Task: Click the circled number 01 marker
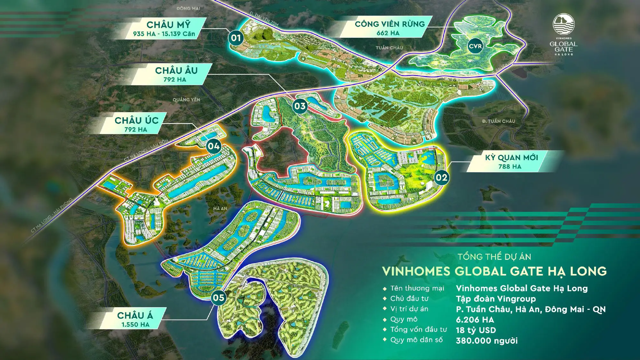coord(236,38)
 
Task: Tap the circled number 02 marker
coord(441,178)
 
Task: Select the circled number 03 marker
coord(300,106)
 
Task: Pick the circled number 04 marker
coord(213,147)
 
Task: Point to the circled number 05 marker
coord(219,298)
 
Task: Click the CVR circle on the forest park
coord(475,46)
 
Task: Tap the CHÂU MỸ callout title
coord(168,25)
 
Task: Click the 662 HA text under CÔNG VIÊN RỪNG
coord(388,33)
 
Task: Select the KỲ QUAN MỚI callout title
coord(511,157)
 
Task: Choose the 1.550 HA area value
coord(135,324)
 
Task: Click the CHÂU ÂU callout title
coord(176,70)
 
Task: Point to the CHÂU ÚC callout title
coord(137,120)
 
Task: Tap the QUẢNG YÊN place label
coord(186,100)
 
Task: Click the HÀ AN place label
coord(220,208)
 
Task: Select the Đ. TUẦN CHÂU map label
coord(499,121)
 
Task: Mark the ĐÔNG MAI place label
coord(188,8)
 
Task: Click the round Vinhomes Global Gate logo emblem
coord(564,24)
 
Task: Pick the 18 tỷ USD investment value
coord(476,330)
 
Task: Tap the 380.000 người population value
coord(486,341)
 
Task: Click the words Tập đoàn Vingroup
coord(496,299)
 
